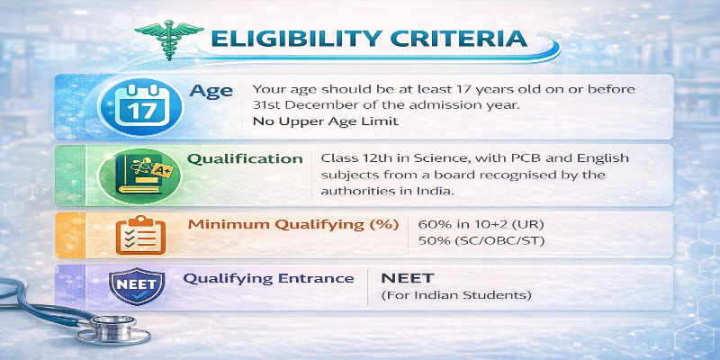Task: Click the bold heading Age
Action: (212, 91)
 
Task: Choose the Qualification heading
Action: (245, 158)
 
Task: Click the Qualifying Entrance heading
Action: (268, 278)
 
